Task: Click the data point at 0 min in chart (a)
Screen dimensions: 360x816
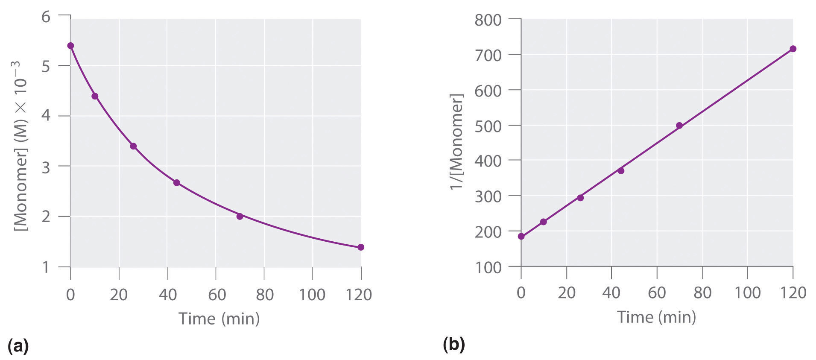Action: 70,46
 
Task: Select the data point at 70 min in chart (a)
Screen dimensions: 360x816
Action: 240,216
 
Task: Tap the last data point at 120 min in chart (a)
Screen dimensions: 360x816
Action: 361,247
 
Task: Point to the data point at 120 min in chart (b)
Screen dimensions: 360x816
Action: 793,49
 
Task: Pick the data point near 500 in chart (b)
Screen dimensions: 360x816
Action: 679,126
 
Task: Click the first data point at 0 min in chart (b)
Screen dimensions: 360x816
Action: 521,236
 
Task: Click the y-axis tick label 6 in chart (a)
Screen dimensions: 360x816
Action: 46,17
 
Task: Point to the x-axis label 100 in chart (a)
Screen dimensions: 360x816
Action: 312,294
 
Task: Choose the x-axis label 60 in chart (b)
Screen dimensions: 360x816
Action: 657,293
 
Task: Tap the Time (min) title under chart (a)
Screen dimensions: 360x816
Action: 219,319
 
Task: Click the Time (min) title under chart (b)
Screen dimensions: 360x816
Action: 656,317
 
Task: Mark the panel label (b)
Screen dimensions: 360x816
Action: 454,344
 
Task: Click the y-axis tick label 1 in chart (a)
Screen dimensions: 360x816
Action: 46,268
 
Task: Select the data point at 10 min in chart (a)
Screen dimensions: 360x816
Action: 95,96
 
